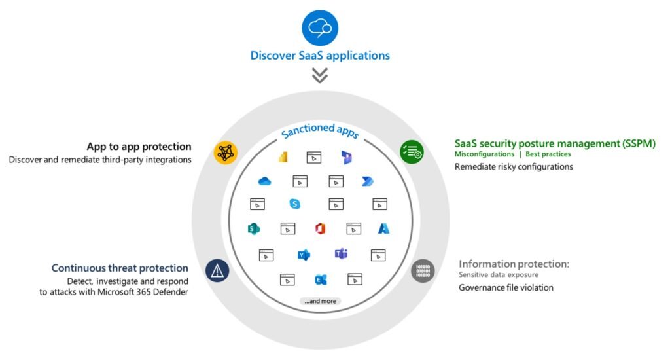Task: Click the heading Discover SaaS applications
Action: (x=320, y=55)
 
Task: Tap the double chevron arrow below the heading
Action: (x=319, y=75)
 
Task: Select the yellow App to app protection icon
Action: (x=226, y=152)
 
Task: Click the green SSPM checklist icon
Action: (x=412, y=152)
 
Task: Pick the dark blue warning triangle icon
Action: (x=217, y=270)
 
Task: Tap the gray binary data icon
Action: (x=423, y=270)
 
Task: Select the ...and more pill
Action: (x=320, y=301)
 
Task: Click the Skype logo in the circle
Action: (x=294, y=204)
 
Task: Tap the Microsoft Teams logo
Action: (x=340, y=254)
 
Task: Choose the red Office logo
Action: (x=320, y=228)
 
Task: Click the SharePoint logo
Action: (x=254, y=228)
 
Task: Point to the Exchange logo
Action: (x=320, y=279)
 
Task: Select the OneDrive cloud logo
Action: (x=264, y=181)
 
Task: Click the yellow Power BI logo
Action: (x=283, y=157)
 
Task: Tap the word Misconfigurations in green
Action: (x=484, y=154)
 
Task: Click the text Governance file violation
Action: (x=497, y=287)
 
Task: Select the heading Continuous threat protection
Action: (x=120, y=268)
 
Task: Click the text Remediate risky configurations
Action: (x=514, y=167)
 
